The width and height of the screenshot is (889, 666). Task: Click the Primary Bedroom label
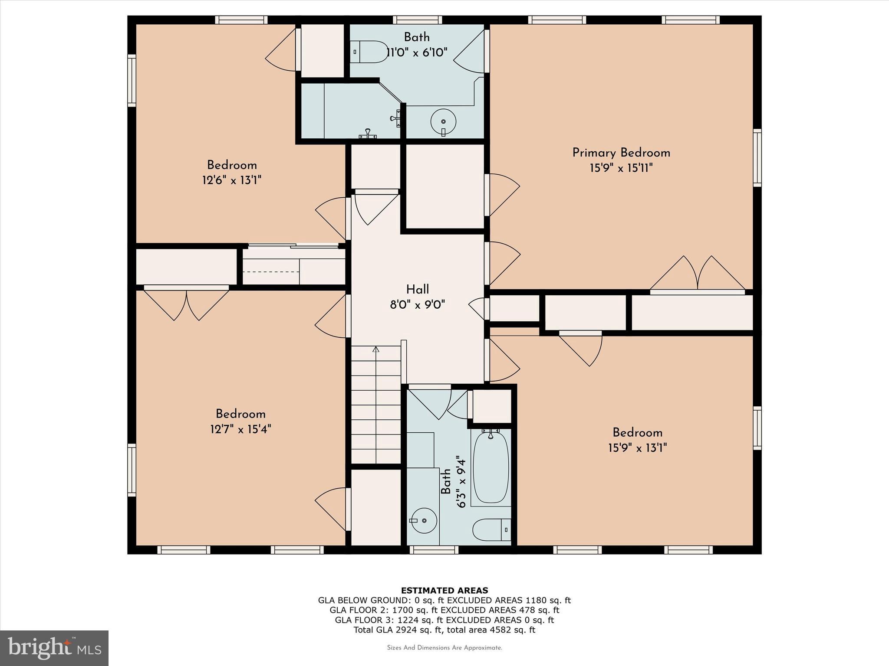621,153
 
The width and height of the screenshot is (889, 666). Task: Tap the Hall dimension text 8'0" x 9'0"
417,305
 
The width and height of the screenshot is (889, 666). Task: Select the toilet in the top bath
369,52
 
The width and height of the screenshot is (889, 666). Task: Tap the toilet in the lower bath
491,529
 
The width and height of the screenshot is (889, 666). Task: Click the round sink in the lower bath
423,520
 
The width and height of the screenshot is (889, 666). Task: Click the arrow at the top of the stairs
376,349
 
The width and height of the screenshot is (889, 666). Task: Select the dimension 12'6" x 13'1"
231,180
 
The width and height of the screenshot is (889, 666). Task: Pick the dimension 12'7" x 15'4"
240,429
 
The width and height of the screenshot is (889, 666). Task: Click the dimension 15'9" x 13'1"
637,447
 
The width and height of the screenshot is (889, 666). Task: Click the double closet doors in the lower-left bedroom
186,304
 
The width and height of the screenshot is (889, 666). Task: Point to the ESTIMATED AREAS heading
444,590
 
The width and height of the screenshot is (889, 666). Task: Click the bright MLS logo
54,648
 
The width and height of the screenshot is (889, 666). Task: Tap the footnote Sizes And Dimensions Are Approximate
444,648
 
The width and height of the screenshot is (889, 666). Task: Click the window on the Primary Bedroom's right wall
757,158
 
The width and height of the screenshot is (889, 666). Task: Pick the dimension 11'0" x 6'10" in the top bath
417,53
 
